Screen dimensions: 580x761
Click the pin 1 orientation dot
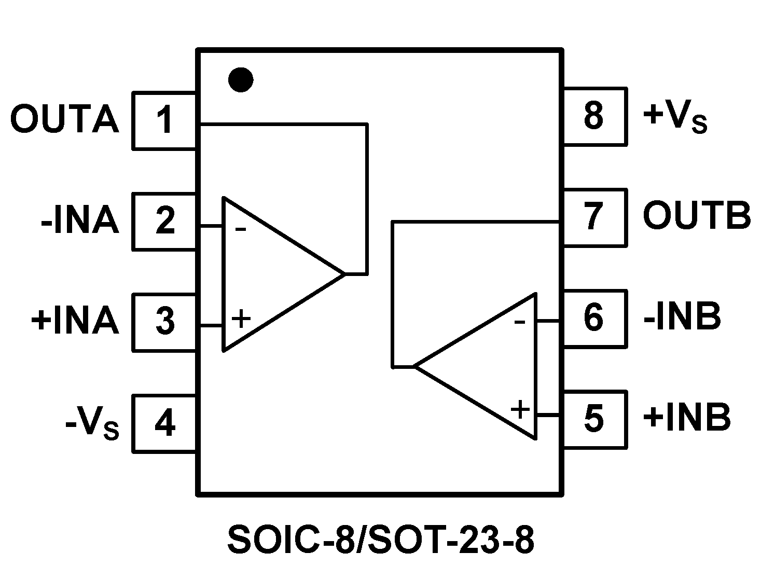241,79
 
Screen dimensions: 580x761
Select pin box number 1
165,120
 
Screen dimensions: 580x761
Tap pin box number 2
165,222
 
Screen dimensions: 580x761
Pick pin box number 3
165,322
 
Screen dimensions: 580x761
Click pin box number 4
165,423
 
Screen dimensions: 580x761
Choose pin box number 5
594,418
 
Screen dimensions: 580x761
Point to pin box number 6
594,317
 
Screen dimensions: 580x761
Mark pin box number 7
594,217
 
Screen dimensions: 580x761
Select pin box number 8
594,116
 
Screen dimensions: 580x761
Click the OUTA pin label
65,120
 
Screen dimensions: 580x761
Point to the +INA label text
75,321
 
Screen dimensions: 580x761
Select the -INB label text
682,317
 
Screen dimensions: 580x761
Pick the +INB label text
687,418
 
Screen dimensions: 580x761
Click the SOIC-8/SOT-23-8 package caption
381,541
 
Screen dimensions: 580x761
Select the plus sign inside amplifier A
241,319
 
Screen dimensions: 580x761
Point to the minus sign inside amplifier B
519,323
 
